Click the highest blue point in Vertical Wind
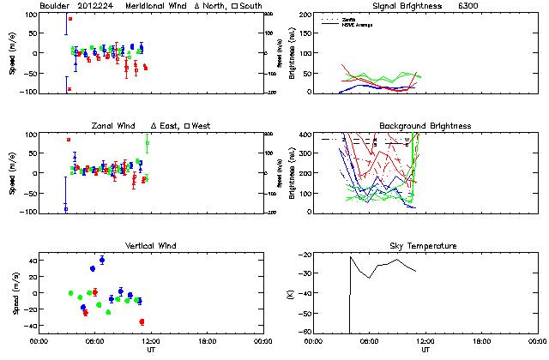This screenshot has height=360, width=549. (x=102, y=260)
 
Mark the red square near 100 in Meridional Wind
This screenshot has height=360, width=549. (x=70, y=19)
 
